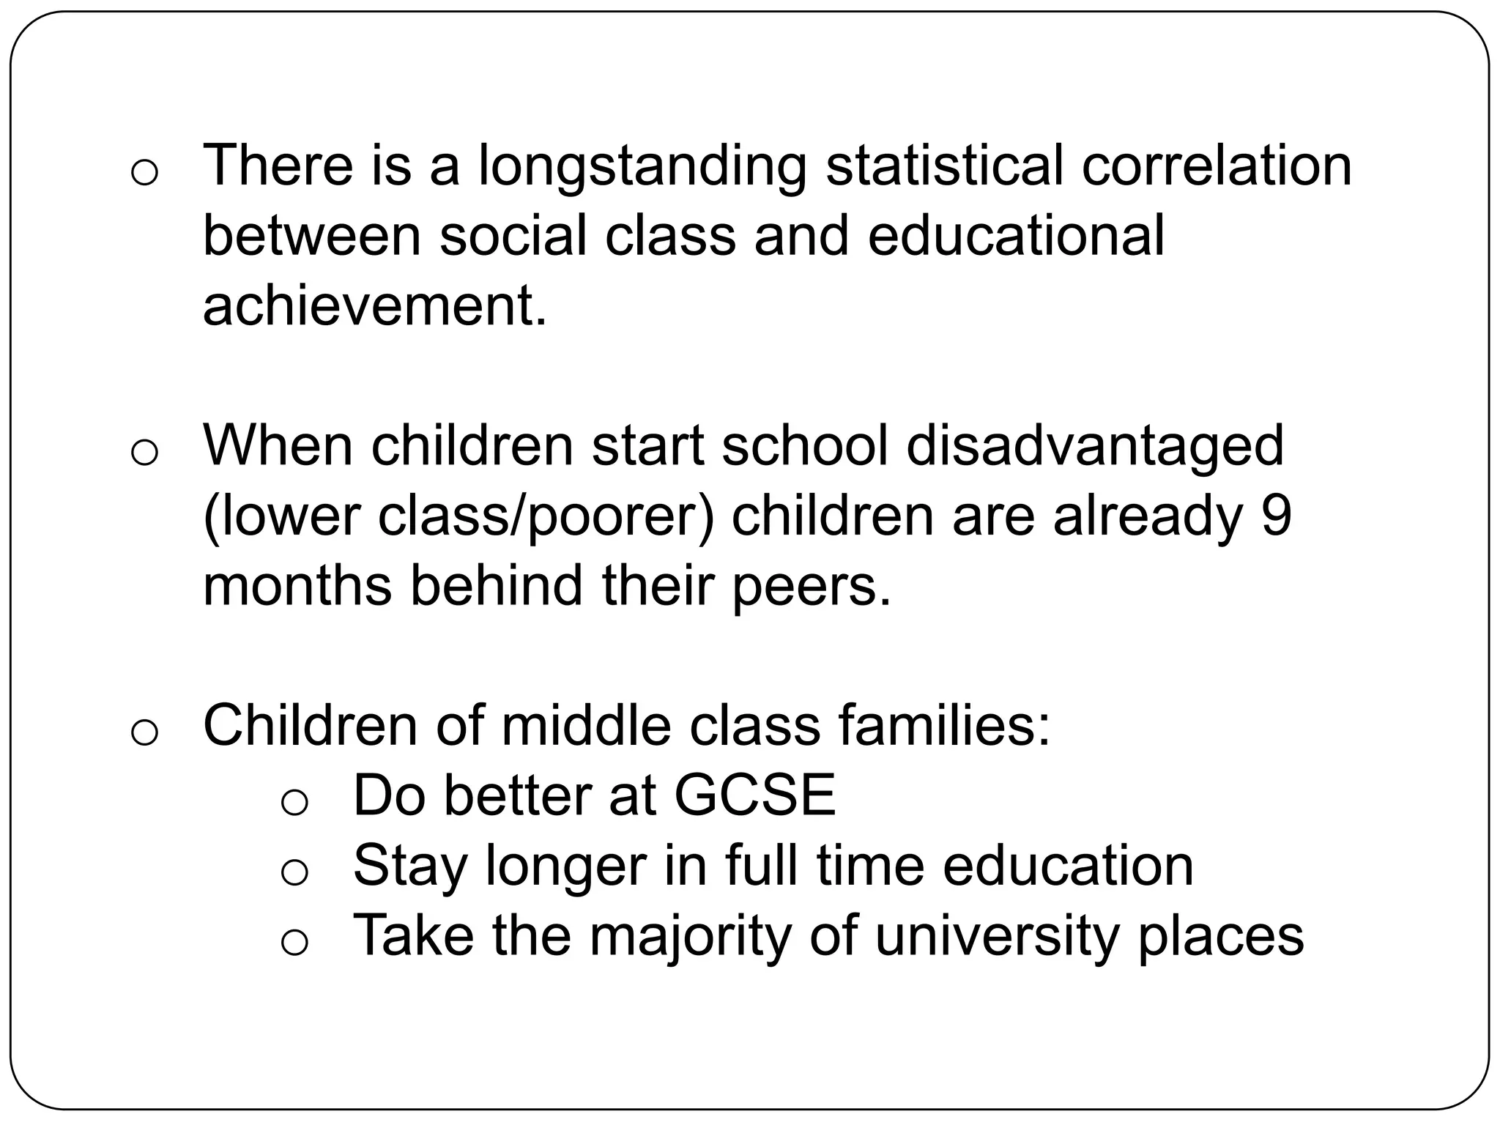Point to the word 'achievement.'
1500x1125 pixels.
tap(374, 305)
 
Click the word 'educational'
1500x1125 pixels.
tap(1015, 235)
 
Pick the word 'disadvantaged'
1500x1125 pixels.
tap(1094, 447)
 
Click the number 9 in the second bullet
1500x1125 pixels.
tap(1277, 515)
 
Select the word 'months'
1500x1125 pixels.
tap(297, 585)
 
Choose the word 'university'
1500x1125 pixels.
tap(996, 937)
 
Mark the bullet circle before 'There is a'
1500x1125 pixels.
tap(144, 174)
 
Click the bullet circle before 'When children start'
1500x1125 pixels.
tap(144, 453)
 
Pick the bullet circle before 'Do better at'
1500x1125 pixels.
tap(294, 803)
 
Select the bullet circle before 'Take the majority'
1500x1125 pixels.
tap(294, 943)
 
